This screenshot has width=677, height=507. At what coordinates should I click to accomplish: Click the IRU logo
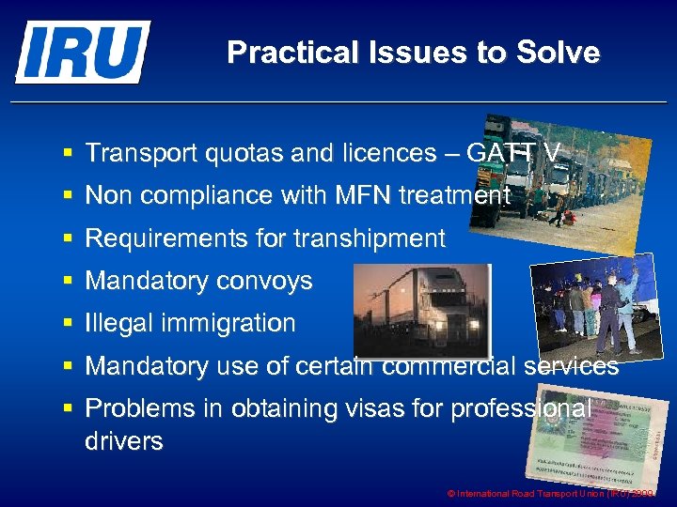pos(83,52)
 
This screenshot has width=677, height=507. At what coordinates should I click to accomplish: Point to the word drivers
pos(124,440)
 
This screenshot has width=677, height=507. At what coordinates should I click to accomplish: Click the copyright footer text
pos(553,493)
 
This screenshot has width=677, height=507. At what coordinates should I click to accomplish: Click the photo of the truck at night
pos(421,309)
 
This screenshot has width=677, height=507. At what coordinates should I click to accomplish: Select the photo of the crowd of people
pos(594,305)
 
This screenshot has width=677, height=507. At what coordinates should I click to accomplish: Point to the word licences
pos(358,153)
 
